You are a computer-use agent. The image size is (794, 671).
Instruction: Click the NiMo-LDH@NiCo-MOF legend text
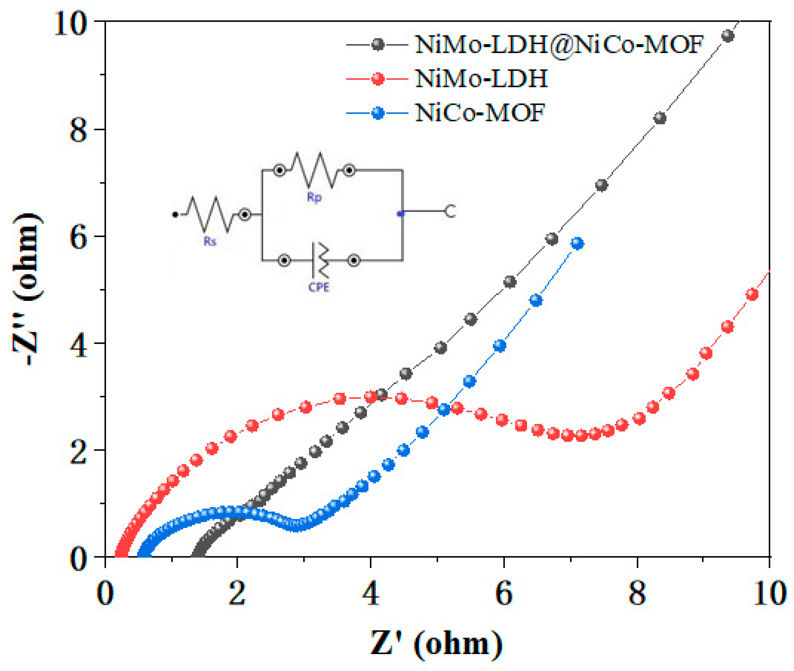pyautogui.click(x=559, y=45)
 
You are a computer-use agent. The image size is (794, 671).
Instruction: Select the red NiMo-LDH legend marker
pyautogui.click(x=377, y=79)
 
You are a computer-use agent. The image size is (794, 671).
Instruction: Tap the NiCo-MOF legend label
pyautogui.click(x=480, y=113)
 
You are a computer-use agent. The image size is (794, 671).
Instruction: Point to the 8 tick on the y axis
pyautogui.click(x=78, y=130)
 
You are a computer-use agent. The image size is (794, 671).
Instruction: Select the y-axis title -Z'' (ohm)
pyautogui.click(x=27, y=289)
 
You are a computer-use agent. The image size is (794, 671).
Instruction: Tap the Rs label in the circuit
pyautogui.click(x=210, y=241)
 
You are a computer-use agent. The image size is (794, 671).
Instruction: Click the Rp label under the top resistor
pyautogui.click(x=314, y=197)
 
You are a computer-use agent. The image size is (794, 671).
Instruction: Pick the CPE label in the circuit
pyautogui.click(x=319, y=287)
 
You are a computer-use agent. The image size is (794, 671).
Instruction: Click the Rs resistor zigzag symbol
pyautogui.click(x=210, y=214)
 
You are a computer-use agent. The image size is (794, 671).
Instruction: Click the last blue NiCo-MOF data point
pyautogui.click(x=577, y=243)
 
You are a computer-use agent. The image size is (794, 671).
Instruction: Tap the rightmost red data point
pyautogui.click(x=752, y=294)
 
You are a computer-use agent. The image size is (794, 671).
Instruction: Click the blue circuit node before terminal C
pyautogui.click(x=400, y=214)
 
